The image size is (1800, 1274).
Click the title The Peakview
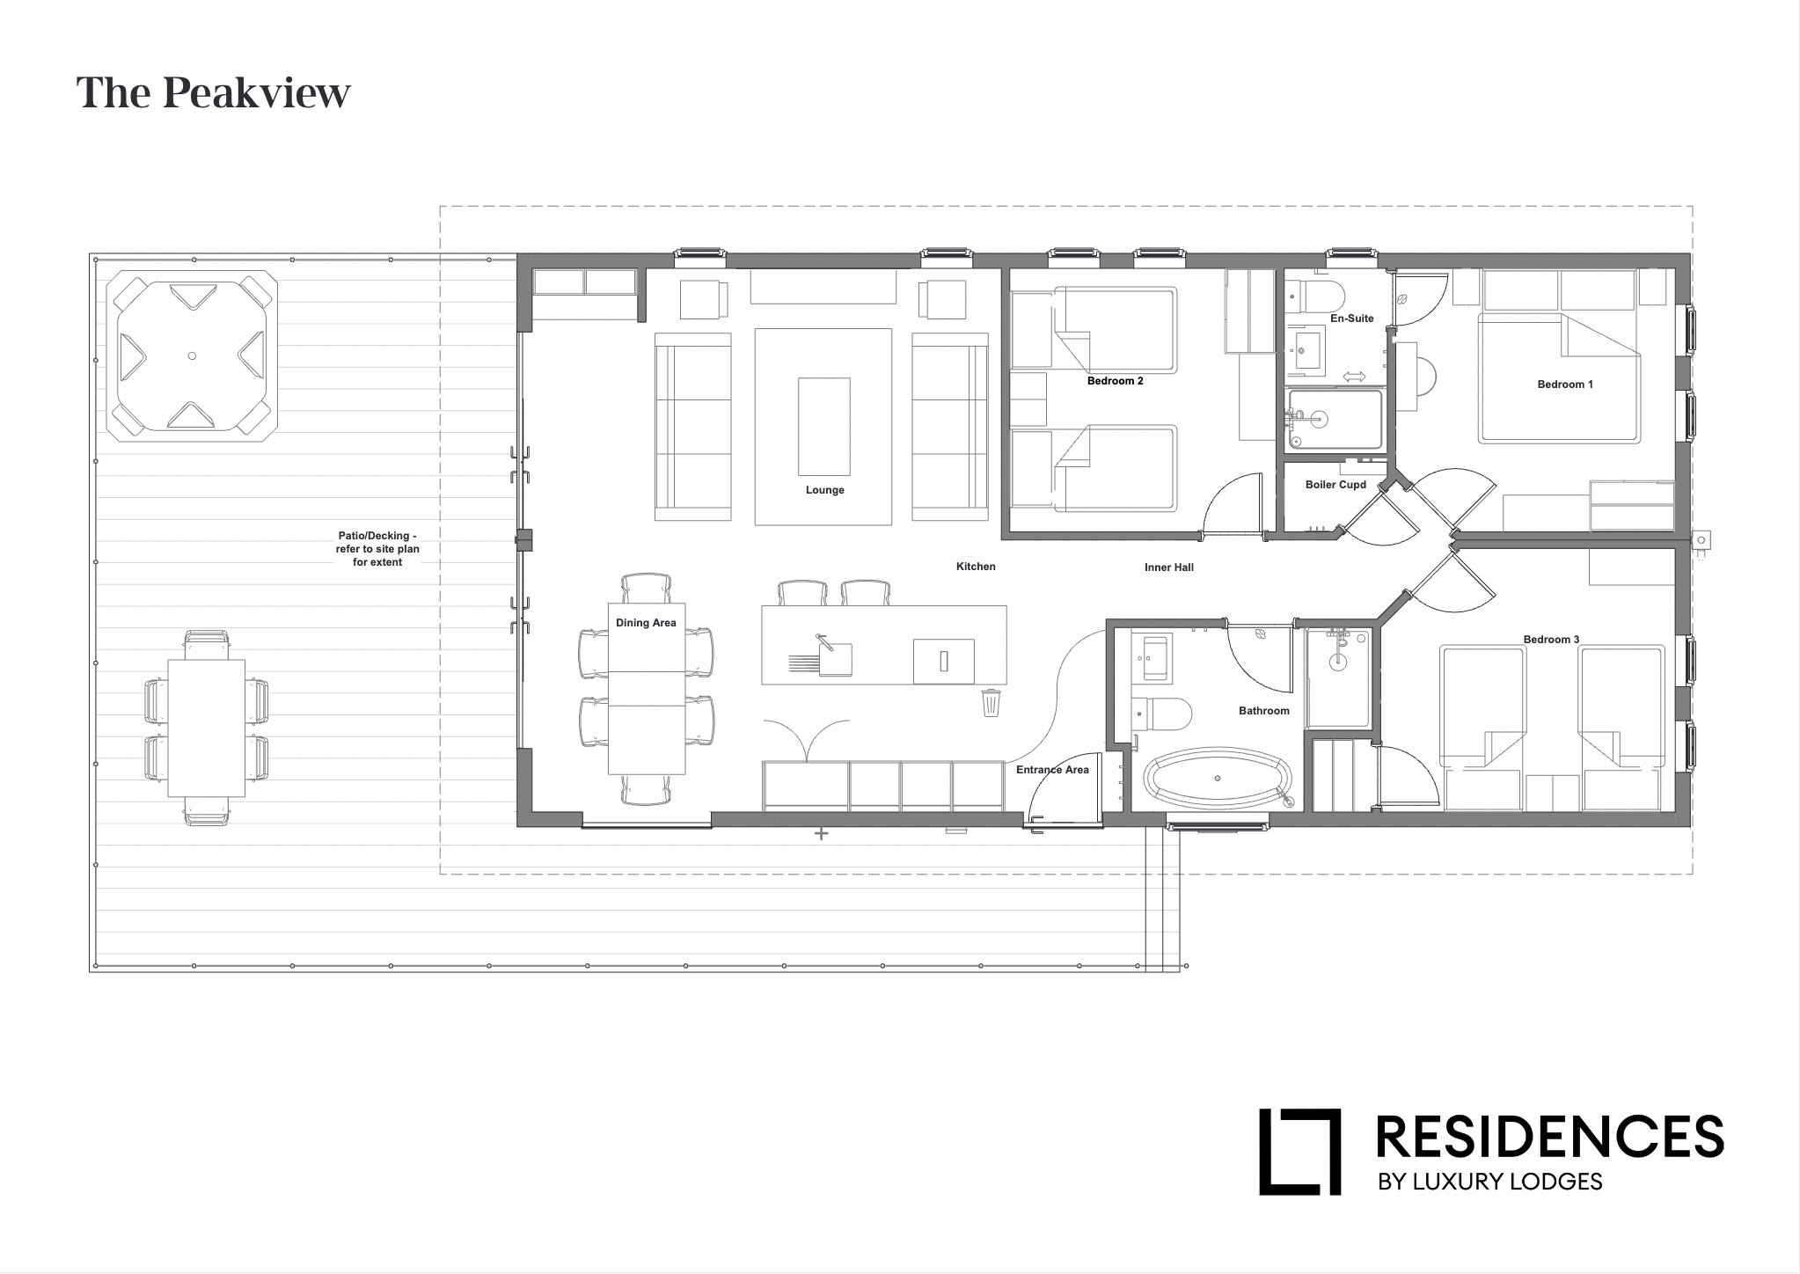pyautogui.click(x=213, y=93)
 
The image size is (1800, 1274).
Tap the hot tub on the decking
pyautogui.click(x=192, y=355)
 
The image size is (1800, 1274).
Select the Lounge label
pyautogui.click(x=824, y=490)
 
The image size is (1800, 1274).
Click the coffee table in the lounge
pyautogui.click(x=823, y=426)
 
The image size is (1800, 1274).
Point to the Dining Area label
pyautogui.click(x=646, y=623)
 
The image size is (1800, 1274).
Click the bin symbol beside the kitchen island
pyautogui.click(x=991, y=702)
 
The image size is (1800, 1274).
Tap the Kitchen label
pyautogui.click(x=976, y=567)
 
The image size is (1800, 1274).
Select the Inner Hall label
pyautogui.click(x=1168, y=567)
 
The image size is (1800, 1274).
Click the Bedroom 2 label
pyautogui.click(x=1115, y=381)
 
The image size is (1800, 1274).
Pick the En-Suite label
pyautogui.click(x=1351, y=318)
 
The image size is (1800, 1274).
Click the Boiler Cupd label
pyautogui.click(x=1335, y=485)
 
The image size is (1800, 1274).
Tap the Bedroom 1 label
pyautogui.click(x=1565, y=384)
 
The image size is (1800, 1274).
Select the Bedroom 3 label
pyautogui.click(x=1551, y=640)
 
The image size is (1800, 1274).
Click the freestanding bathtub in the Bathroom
pyautogui.click(x=1218, y=779)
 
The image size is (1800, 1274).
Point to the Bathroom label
pyautogui.click(x=1263, y=711)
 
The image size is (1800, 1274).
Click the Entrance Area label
pyautogui.click(x=1052, y=770)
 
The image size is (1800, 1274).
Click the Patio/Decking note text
pyautogui.click(x=377, y=549)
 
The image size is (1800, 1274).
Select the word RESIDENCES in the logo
pyautogui.click(x=1549, y=1137)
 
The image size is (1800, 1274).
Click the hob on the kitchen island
pyautogui.click(x=943, y=661)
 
